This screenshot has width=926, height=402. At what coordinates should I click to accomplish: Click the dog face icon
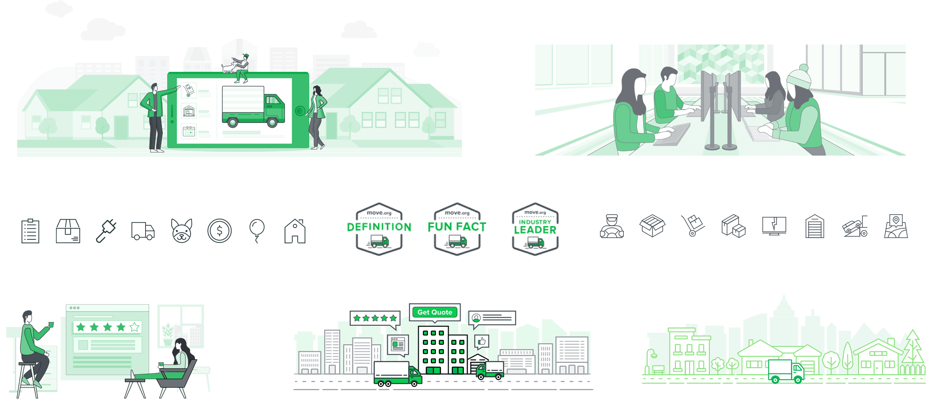pyautogui.click(x=182, y=231)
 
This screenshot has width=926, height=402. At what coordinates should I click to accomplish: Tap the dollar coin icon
pyautogui.click(x=219, y=231)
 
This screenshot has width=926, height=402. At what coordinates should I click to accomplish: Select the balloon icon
pyautogui.click(x=257, y=229)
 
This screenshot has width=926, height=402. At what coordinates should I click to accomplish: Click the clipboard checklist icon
pyautogui.click(x=30, y=231)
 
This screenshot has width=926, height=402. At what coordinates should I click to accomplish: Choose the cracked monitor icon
pyautogui.click(x=774, y=226)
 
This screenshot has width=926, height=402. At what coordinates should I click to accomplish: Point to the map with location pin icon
pyautogui.click(x=896, y=227)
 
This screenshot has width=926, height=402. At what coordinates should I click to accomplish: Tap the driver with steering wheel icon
pyautogui.click(x=612, y=227)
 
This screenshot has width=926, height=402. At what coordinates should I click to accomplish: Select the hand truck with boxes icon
pyautogui.click(x=692, y=226)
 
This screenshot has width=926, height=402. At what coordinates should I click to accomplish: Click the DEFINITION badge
pyautogui.click(x=379, y=229)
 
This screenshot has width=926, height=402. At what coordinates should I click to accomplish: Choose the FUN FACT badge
pyautogui.click(x=457, y=229)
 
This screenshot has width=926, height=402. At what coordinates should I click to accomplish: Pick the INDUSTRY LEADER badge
pyautogui.click(x=535, y=229)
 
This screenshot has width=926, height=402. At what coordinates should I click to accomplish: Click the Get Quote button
pyautogui.click(x=435, y=312)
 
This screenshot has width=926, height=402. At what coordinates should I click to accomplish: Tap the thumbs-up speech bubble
pyautogui.click(x=481, y=341)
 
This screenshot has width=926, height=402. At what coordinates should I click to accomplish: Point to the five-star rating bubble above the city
pyautogui.click(x=375, y=318)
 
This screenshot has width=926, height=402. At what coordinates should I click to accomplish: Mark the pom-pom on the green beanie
pyautogui.click(x=804, y=69)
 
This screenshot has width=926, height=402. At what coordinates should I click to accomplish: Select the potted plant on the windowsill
pyautogui.click(x=168, y=335)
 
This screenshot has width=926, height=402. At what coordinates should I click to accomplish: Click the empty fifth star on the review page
pyautogui.click(x=135, y=327)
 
